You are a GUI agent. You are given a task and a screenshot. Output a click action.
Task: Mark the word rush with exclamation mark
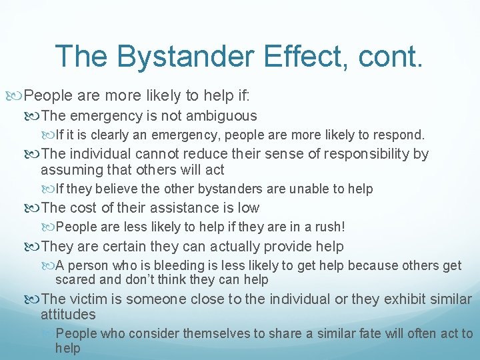[329, 227]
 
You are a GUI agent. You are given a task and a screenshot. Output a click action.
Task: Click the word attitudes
[68, 315]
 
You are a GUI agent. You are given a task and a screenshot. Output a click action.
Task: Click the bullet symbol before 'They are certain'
[35, 247]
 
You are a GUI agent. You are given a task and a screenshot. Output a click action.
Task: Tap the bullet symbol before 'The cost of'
[35, 208]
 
